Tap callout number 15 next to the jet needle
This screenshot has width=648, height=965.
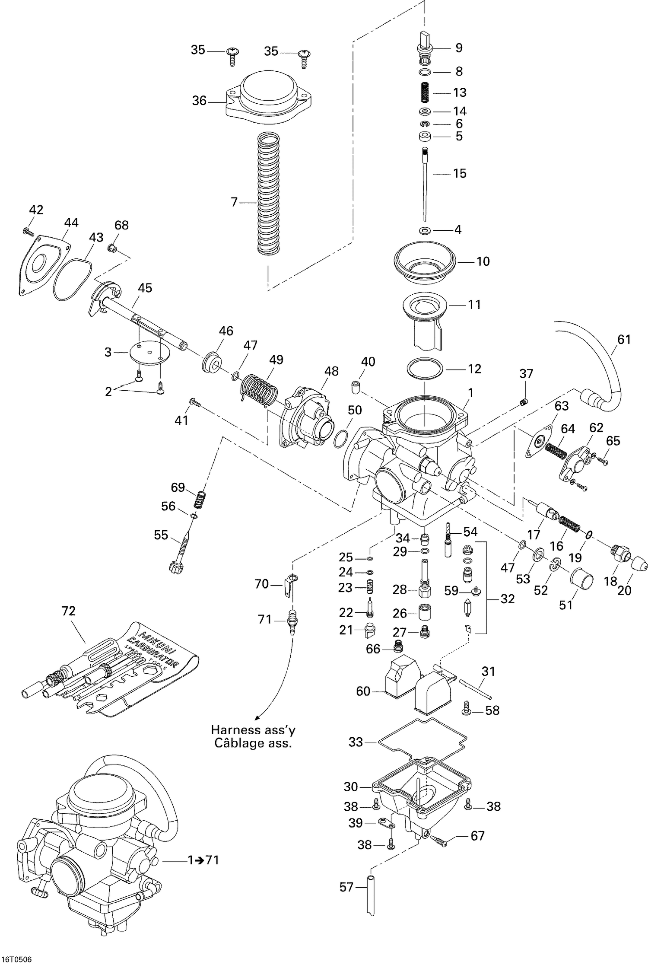click(x=460, y=174)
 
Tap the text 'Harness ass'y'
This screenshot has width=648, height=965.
click(x=253, y=730)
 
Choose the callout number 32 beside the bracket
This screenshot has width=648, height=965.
click(x=508, y=599)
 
